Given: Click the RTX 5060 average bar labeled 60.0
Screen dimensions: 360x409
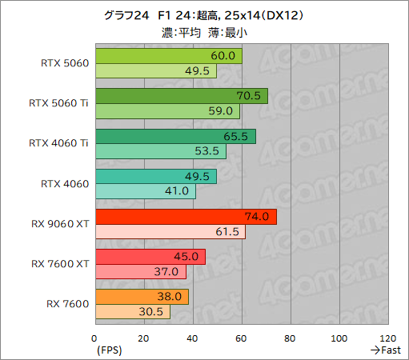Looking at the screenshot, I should click(168, 56).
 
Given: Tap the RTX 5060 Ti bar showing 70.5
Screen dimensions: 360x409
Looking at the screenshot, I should click(181, 96).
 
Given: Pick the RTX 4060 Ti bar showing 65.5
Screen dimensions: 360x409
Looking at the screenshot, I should click(174, 136).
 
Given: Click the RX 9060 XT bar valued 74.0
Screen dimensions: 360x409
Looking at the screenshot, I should click(185, 216).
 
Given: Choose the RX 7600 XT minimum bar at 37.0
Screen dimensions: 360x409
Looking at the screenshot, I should click(140, 271).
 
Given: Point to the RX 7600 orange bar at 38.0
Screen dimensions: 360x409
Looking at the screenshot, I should click(142, 296).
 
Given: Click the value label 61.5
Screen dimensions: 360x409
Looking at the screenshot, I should click(231, 232).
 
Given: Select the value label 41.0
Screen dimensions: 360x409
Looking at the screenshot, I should click(180, 191).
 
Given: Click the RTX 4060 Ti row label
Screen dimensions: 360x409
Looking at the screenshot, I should click(58, 143).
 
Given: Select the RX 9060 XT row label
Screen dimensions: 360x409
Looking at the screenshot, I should click(60, 223).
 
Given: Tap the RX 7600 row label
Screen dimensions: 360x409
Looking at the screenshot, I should click(67, 303).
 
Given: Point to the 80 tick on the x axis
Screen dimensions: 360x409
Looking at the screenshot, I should click(291, 338).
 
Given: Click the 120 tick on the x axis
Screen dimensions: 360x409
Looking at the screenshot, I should click(389, 338).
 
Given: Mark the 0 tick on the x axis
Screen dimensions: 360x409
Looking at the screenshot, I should click(95, 338).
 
